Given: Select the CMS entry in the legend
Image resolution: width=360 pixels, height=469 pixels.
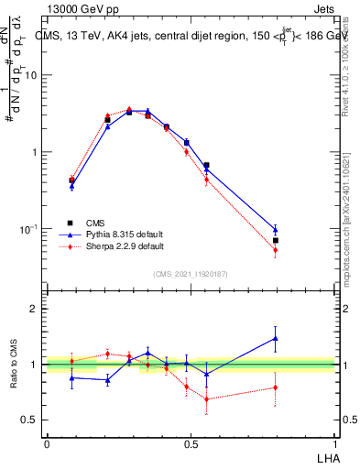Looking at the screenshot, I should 95,222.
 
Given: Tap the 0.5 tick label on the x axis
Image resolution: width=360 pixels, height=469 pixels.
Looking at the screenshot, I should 191,443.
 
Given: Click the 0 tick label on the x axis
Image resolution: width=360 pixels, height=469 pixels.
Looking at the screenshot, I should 47,443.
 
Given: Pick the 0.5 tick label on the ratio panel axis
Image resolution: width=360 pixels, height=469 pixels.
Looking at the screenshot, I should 30,420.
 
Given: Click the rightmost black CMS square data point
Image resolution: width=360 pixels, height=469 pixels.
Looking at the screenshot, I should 275,241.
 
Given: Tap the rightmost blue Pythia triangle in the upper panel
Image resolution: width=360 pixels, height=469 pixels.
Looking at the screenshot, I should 275,230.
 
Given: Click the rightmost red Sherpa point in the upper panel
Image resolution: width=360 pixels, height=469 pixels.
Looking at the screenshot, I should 275,250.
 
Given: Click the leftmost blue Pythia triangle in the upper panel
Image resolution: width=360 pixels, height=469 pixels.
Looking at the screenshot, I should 71,186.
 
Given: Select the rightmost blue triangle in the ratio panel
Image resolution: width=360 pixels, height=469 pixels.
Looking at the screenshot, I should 275,338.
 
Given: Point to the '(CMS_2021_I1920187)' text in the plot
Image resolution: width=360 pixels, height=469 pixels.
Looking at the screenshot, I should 191,273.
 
